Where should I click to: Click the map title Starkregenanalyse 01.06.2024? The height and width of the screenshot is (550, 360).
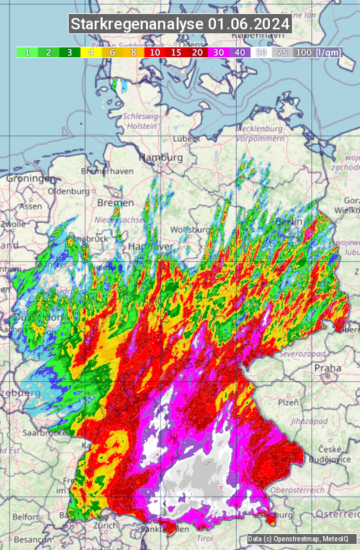180,24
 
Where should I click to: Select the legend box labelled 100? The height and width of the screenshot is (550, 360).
303,52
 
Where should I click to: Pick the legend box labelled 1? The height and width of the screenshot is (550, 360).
27,52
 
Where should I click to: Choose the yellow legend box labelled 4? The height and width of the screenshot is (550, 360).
91,52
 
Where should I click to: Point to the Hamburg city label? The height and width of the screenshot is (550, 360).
161,157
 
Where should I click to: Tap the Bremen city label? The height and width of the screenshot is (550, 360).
111,202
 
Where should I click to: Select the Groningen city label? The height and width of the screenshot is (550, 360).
31,179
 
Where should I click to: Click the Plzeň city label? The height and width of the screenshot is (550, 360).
288,402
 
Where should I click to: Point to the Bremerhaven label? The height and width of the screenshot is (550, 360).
107,171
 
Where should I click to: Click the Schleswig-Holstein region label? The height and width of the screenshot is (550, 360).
141,121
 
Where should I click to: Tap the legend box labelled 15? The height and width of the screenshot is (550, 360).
176,52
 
